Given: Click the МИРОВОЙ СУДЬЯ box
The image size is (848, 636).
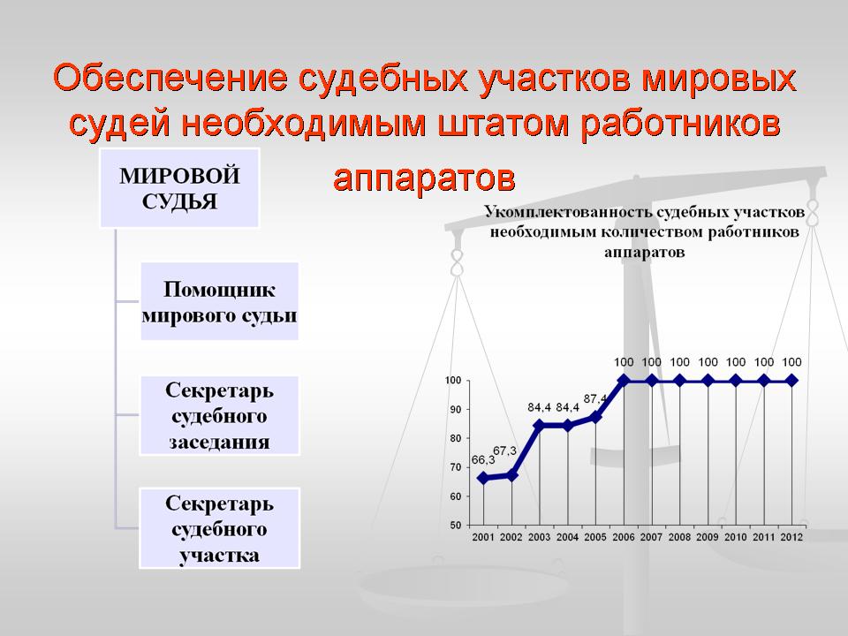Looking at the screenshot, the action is click(x=179, y=187).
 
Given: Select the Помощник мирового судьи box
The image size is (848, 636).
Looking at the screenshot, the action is click(x=220, y=301).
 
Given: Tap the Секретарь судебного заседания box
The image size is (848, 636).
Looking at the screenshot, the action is click(x=220, y=415).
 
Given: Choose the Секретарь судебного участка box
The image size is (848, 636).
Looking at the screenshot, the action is click(x=220, y=528).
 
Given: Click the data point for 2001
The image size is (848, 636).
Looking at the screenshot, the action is click(x=483, y=478).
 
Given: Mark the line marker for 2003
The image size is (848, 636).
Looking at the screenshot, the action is click(x=539, y=426).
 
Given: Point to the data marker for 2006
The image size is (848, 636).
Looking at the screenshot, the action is click(x=624, y=381).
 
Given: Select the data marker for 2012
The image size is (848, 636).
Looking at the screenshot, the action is click(x=791, y=381).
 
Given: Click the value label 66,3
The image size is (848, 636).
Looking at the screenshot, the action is click(x=483, y=459).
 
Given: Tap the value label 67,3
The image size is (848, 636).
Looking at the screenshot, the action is click(x=504, y=450).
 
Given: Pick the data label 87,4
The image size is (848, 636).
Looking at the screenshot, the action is click(x=594, y=398).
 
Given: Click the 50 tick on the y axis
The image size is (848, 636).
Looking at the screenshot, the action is click(x=456, y=525).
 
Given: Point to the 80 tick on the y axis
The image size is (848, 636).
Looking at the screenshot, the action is click(x=456, y=439).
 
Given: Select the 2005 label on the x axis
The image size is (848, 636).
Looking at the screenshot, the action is click(x=595, y=537).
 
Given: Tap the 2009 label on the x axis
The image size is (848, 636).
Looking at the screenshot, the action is click(x=708, y=537).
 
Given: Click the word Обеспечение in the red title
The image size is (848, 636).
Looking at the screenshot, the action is click(x=170, y=78).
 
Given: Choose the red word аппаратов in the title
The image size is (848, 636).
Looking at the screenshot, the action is click(x=424, y=178).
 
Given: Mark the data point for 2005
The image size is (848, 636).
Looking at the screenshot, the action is click(x=595, y=417).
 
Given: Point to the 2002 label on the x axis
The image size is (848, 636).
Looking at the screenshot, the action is click(x=511, y=537).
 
